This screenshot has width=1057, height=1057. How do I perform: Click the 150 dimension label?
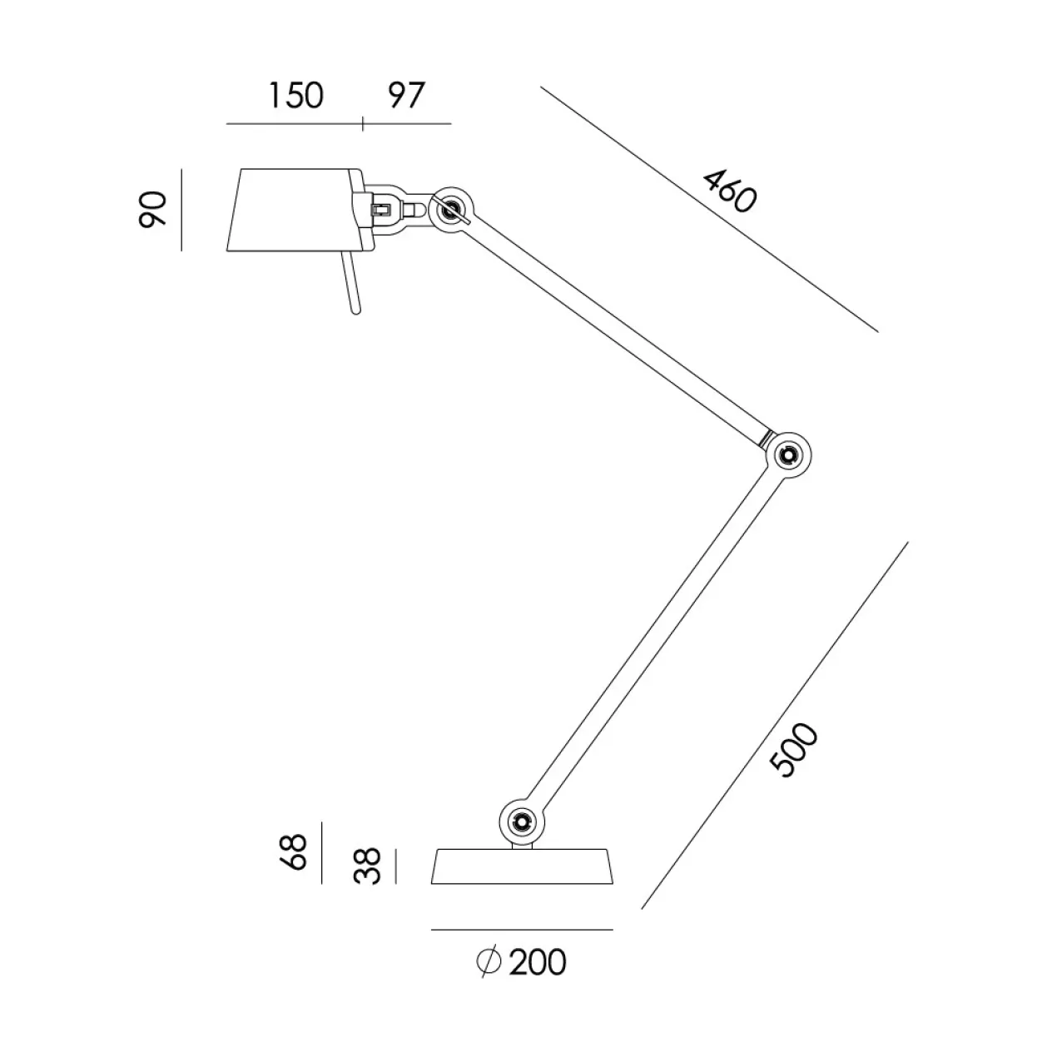295,96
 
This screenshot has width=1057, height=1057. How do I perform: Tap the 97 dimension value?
406,96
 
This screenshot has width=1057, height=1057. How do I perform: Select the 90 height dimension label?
151,209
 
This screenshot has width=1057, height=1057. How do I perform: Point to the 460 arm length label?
730,191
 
